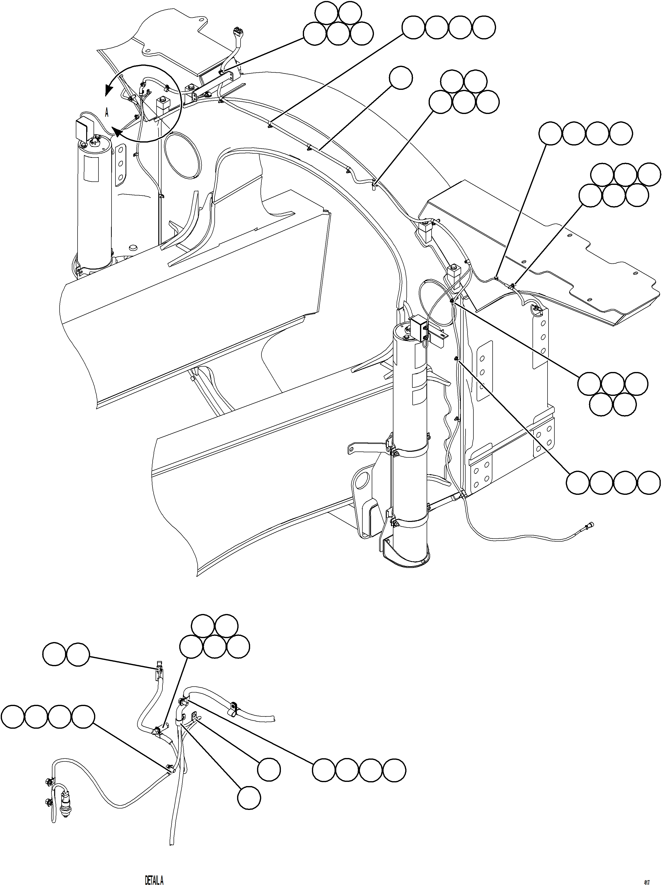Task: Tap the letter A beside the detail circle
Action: (x=107, y=113)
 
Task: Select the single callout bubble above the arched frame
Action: (x=401, y=78)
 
